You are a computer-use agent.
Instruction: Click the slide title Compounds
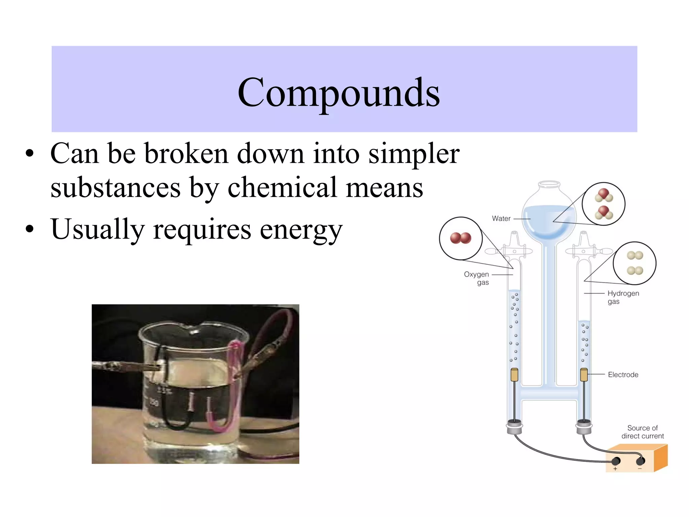pos(338,92)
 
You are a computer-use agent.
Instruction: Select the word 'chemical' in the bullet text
pos(282,188)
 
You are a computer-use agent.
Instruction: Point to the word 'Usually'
pos(98,230)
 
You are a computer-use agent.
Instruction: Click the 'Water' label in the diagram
pos(501,218)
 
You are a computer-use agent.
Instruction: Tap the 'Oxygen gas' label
pos(477,278)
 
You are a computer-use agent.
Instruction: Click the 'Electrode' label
pos(623,375)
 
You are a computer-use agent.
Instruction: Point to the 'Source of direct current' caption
pos(642,432)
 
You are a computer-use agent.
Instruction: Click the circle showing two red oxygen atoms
pos(461,238)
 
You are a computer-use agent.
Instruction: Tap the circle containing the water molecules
pos(604,204)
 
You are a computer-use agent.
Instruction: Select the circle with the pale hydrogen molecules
pos(634,263)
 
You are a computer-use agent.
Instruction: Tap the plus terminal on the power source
pos(616,461)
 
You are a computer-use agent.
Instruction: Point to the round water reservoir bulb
pos(549,215)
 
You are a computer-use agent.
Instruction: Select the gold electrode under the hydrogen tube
pos(584,375)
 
